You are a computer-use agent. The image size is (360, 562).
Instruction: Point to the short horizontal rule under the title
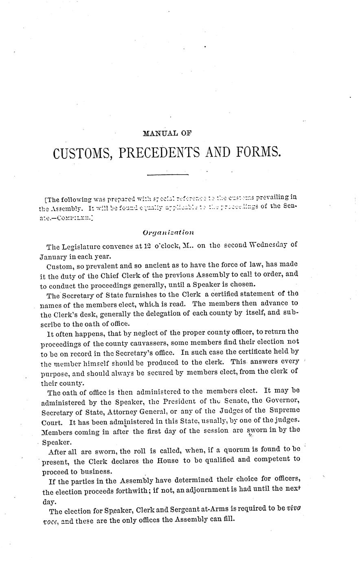point(168,175)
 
